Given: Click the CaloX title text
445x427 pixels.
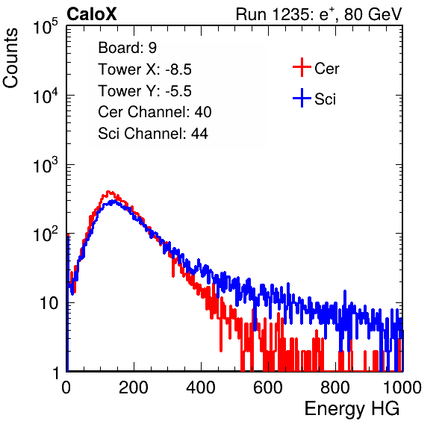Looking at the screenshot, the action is coord(92,14).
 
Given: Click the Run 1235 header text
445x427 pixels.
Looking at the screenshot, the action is coord(319,14).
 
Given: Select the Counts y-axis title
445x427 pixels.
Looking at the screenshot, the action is coord(10,58).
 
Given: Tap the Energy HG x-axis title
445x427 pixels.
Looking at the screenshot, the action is coord(352,409).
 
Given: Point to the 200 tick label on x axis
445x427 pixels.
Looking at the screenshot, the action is coord(134,387).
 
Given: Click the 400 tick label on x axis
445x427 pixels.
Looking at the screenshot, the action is coord(201,387).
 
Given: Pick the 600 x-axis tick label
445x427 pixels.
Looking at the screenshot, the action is coord(268,387).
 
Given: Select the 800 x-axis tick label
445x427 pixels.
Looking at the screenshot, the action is coord(335,387).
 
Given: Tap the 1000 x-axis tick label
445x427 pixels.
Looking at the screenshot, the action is coord(402,387).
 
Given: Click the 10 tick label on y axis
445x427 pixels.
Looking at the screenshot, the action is coord(49,303).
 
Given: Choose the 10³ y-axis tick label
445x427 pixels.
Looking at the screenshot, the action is coord(46,165).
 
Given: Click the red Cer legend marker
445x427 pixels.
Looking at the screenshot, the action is coord(302,67).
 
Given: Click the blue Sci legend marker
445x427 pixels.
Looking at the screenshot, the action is coord(302,99).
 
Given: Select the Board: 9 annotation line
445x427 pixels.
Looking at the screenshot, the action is coord(128,48).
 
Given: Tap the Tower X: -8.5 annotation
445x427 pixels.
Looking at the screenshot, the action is coord(145,69).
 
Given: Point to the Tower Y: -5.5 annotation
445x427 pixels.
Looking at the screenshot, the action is coord(145,91).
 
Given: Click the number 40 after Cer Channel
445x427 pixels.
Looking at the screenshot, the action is coord(203,112).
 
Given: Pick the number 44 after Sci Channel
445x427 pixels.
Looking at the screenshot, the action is coord(199,134).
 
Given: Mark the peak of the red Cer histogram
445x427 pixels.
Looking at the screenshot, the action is coord(108,192).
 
